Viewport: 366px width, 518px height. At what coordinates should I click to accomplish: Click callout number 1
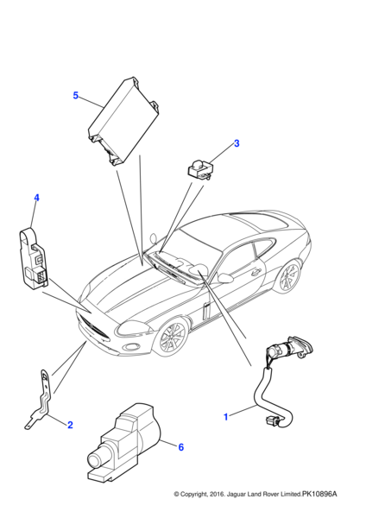click(226, 417)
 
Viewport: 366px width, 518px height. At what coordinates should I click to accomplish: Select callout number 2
click(69, 424)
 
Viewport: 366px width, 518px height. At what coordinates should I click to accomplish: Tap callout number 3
click(236, 143)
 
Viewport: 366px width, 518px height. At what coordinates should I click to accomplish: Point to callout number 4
click(36, 199)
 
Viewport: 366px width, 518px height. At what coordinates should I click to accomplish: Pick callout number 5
click(76, 95)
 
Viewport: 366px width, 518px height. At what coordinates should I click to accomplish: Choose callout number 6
click(180, 446)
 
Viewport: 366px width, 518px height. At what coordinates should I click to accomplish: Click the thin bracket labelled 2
click(41, 398)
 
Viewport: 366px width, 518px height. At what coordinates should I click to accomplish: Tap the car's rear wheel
click(289, 276)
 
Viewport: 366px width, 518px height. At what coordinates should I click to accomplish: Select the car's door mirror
click(226, 278)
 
